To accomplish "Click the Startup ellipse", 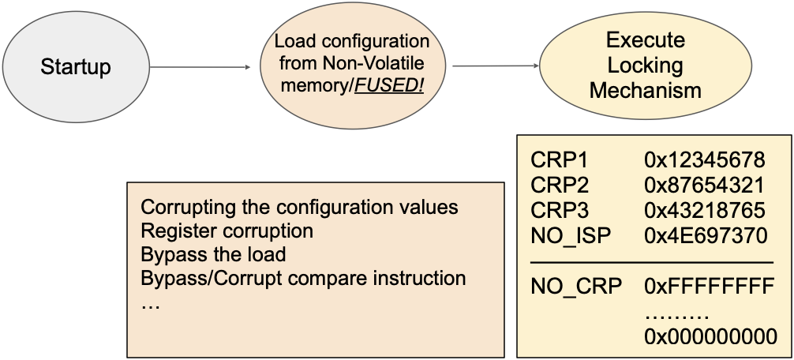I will coord(76,66).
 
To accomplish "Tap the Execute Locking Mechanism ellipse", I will coord(645,66).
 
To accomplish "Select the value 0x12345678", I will coord(705,162).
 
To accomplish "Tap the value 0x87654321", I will coord(705,186).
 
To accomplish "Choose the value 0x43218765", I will coord(705,211).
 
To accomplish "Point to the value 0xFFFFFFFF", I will coord(709,287).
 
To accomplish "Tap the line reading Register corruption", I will coord(227,231).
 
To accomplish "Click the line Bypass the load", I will coord(212,255).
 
